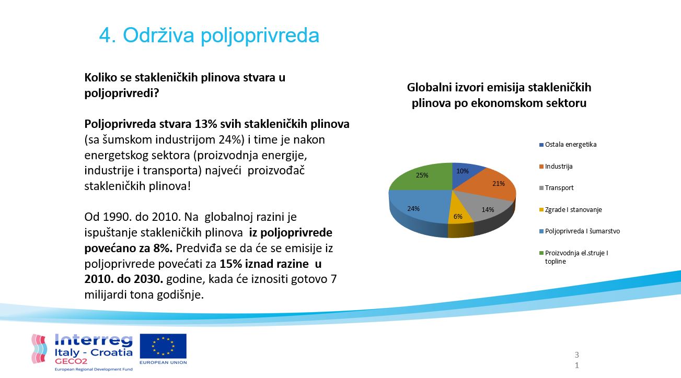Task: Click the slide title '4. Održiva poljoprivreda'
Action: (x=209, y=36)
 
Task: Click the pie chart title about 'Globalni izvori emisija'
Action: (x=499, y=95)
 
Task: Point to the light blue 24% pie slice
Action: (x=415, y=209)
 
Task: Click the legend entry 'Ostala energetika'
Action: (x=570, y=145)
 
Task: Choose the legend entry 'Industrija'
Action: (x=559, y=167)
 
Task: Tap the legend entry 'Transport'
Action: (x=559, y=188)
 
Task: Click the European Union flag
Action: (x=163, y=346)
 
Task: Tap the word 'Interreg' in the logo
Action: (x=94, y=341)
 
